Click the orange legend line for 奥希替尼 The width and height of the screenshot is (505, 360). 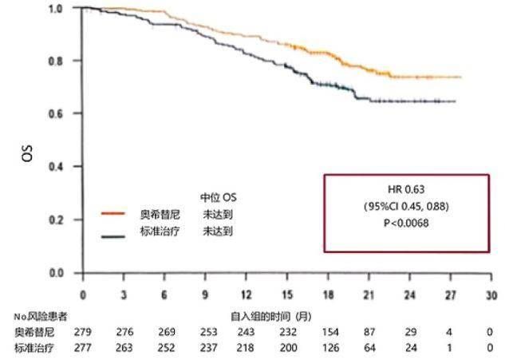pos(114,214)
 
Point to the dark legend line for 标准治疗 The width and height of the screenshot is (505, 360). pos(114,235)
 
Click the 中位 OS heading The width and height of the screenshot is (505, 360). pos(218,196)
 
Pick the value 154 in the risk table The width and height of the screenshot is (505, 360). pos(328,331)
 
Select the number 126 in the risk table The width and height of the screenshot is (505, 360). pos(328,347)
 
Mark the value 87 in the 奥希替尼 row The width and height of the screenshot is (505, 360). pos(369,331)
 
